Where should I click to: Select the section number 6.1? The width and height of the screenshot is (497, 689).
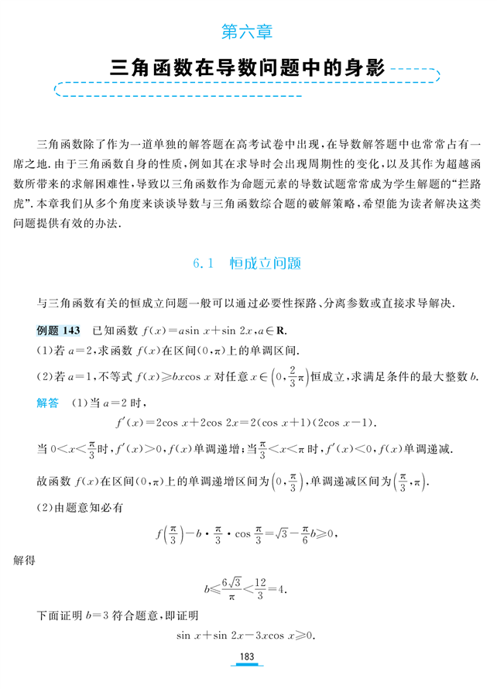(202, 263)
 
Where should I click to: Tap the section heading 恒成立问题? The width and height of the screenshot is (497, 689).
(266, 263)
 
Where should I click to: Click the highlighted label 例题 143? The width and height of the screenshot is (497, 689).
(59, 331)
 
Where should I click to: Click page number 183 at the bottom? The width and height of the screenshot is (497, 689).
(247, 656)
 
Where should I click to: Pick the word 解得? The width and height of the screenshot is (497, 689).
(26, 558)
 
